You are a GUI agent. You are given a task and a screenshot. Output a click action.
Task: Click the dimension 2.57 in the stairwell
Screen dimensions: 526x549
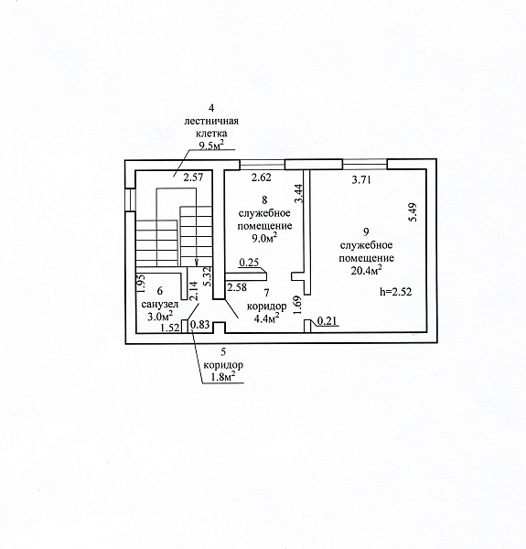pos(194,178)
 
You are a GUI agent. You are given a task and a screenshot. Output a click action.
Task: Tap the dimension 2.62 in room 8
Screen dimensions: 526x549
pos(262,178)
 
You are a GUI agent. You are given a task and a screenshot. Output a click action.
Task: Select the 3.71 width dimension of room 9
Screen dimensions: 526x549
pos(361,180)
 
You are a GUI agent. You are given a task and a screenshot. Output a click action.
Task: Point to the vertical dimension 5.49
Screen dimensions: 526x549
pos(413,212)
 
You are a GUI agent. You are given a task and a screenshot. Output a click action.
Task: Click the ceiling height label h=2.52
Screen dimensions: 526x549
pos(396,291)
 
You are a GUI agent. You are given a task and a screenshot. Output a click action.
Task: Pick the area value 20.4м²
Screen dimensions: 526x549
pos(366,270)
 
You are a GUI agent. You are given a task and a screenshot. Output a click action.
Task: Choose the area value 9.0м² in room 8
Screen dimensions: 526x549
pos(264,238)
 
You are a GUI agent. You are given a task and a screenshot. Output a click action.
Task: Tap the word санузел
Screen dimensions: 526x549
pos(159,305)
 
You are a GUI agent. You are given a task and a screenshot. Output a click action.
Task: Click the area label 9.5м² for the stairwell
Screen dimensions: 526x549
pos(211,145)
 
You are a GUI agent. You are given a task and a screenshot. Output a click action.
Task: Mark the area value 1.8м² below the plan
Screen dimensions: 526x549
pos(222,377)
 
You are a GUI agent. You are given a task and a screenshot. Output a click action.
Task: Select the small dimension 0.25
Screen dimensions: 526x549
pos(249,263)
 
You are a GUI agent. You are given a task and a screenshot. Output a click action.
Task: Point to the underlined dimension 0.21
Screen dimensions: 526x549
pos(327,321)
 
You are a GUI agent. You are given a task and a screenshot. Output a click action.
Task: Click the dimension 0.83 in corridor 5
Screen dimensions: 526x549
pos(200,325)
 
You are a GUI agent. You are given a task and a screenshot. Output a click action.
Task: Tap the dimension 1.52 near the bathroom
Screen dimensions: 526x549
pos(170,328)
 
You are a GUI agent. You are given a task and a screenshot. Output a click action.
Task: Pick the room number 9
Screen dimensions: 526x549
pos(367,231)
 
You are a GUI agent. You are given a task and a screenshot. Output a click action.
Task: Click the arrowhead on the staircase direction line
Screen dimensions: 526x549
pos(197,263)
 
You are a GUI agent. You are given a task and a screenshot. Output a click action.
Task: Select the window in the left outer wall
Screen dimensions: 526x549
pos(130,199)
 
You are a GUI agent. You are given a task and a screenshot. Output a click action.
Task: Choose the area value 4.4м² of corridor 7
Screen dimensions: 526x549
pos(267,318)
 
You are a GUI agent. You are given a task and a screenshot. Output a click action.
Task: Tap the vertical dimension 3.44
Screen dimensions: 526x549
pos(298,194)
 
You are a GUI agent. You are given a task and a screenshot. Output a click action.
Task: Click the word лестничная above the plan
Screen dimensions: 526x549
pos(211,121)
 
